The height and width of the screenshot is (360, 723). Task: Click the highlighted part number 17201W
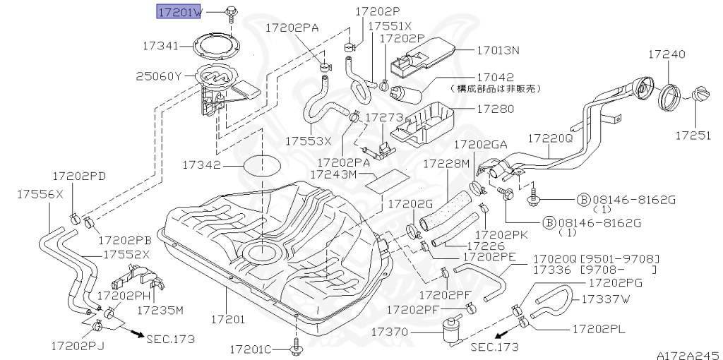click(x=179, y=12)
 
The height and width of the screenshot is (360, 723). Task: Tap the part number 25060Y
click(x=159, y=76)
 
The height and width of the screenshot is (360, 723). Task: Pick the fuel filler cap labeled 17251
click(x=699, y=95)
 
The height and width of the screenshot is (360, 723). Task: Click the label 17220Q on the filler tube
click(x=551, y=139)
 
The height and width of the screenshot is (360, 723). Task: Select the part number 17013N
click(x=498, y=51)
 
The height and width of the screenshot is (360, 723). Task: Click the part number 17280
click(x=495, y=109)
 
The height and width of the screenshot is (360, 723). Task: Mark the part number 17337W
click(x=605, y=299)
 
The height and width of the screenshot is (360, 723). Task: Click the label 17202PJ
click(x=78, y=345)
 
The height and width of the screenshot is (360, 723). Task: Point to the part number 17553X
click(x=309, y=140)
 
